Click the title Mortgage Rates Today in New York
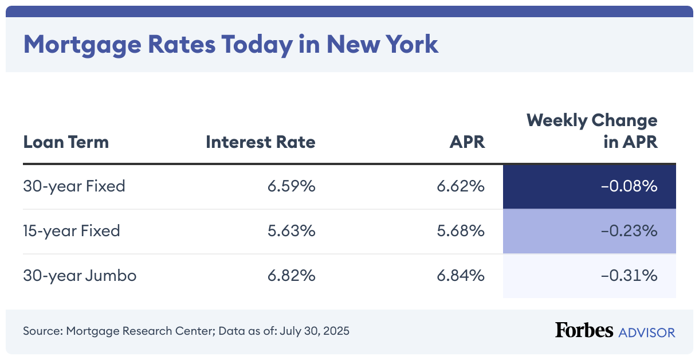[230, 44]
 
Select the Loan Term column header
[66, 142]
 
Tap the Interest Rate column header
[260, 142]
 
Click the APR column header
[467, 142]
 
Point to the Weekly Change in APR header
[592, 131]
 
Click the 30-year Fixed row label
[74, 186]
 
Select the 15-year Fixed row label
[72, 231]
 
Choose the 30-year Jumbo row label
[80, 276]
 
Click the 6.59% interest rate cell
[291, 186]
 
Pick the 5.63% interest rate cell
[291, 231]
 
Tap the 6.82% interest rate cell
[291, 276]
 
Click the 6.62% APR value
[461, 186]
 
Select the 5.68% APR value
[461, 231]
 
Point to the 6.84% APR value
[461, 276]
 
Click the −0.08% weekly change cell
[629, 186]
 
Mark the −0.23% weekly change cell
[629, 231]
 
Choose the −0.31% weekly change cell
[629, 276]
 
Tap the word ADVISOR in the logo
[646, 332]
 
